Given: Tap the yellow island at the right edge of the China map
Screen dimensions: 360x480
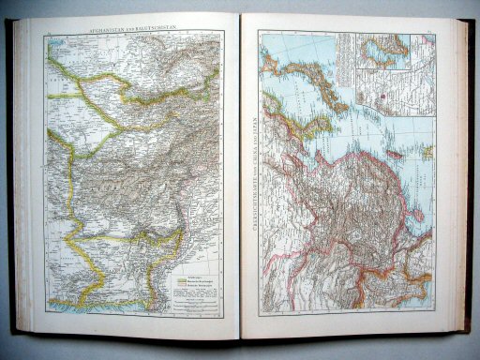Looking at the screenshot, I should point(427,149).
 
